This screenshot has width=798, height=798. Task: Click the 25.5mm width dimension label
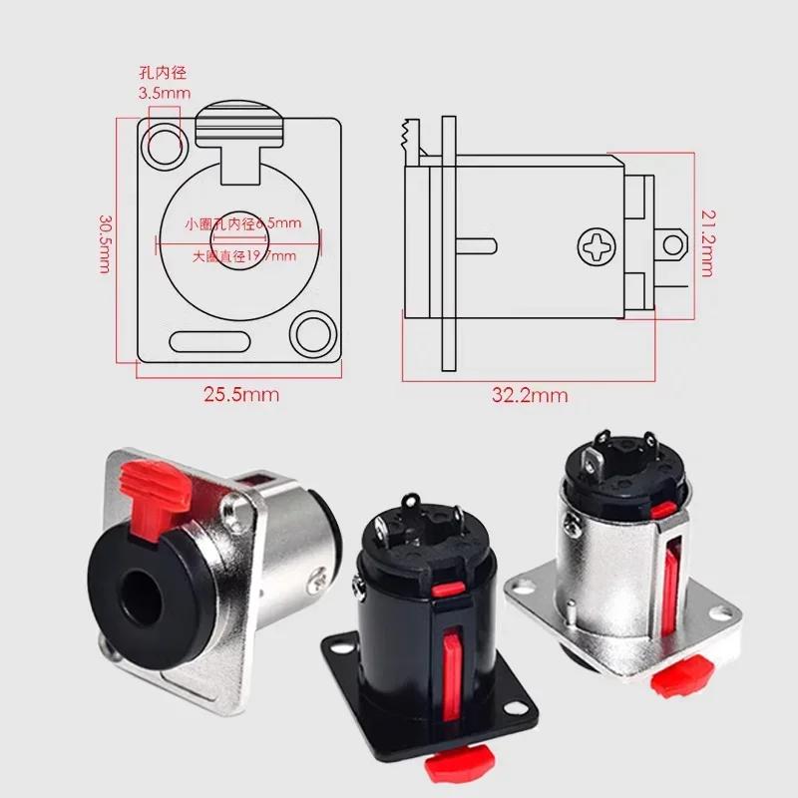[x=241, y=394]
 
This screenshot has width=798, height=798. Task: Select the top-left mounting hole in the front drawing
[x=164, y=144]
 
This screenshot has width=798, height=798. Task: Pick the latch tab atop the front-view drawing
[x=240, y=130]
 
